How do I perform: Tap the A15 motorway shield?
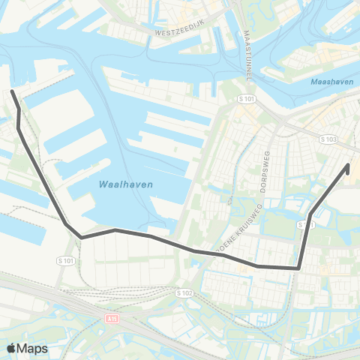pos(112,319)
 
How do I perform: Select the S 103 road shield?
pos(328,139)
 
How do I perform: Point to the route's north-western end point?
pos(12,92)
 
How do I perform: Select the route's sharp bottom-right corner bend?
pos(299,267)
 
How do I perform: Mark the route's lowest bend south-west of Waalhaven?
pos(81,237)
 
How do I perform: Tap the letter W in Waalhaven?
pos(101,184)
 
